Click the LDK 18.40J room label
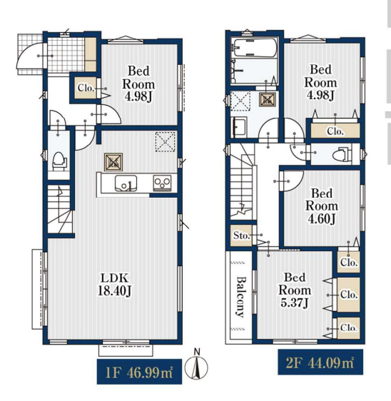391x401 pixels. (115, 285)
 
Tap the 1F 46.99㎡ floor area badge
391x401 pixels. (139, 372)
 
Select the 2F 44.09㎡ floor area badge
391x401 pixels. (320, 362)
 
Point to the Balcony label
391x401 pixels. (240, 297)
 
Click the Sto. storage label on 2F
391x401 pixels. (241, 235)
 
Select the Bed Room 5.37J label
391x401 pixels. (295, 290)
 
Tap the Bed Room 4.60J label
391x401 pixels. (322, 206)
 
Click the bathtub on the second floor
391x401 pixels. (254, 48)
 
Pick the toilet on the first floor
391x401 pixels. (59, 161)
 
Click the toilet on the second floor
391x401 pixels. (342, 154)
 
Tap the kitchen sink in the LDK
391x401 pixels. (126, 183)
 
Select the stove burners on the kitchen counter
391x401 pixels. (163, 183)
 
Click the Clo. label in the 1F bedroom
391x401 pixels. (86, 88)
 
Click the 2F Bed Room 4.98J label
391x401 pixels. (320, 82)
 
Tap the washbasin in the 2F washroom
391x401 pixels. (238, 127)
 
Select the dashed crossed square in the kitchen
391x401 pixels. (166, 142)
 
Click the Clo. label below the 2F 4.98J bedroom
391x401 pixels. (335, 131)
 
